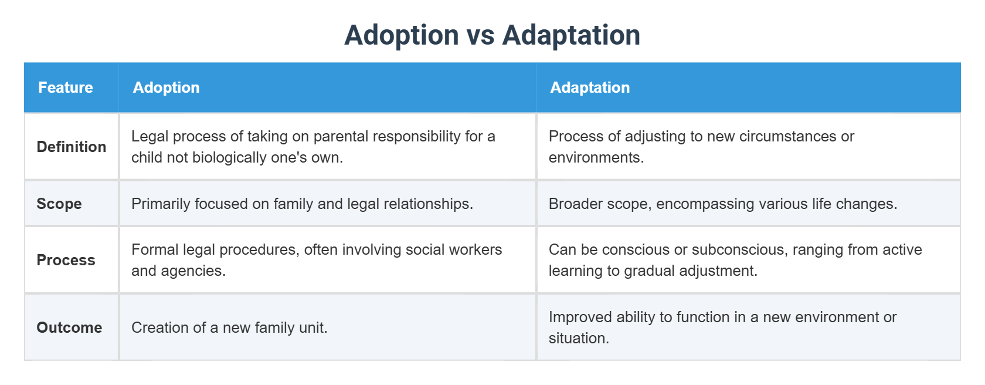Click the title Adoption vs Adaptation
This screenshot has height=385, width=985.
(492, 35)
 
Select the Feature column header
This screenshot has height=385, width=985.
(66, 87)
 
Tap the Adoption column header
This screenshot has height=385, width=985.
(166, 87)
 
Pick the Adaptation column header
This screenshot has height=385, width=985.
(589, 87)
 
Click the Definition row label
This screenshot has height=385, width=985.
(72, 147)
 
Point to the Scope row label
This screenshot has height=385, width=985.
(59, 204)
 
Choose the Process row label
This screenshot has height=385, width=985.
(66, 260)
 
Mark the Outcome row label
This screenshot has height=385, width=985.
(69, 327)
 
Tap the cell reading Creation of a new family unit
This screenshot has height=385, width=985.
(229, 327)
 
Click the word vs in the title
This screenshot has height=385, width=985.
(481, 35)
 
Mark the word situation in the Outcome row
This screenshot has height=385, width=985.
(578, 339)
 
